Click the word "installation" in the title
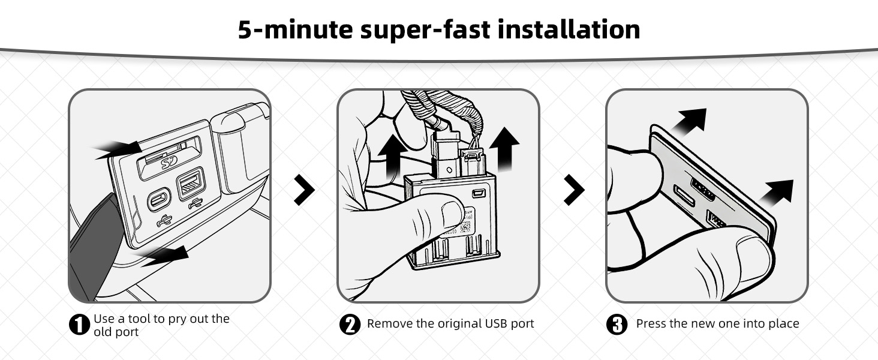point(569,29)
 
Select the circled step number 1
point(79,325)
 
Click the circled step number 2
point(350,325)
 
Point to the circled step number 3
point(617,325)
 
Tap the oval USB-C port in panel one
point(159,200)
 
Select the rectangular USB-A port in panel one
point(191,183)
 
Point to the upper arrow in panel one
point(119,150)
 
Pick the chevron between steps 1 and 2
point(304,190)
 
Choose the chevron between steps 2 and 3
point(574,190)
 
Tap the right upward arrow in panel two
point(504,149)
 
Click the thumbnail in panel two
point(452,215)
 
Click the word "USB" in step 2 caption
point(497,323)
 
